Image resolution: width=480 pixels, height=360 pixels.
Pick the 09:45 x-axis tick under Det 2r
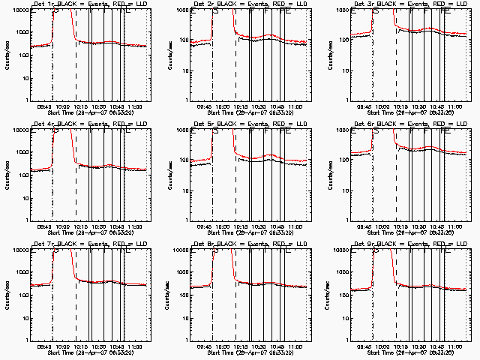pos(204,107)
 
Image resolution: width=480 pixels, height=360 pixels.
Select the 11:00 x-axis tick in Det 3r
pos(457,107)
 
